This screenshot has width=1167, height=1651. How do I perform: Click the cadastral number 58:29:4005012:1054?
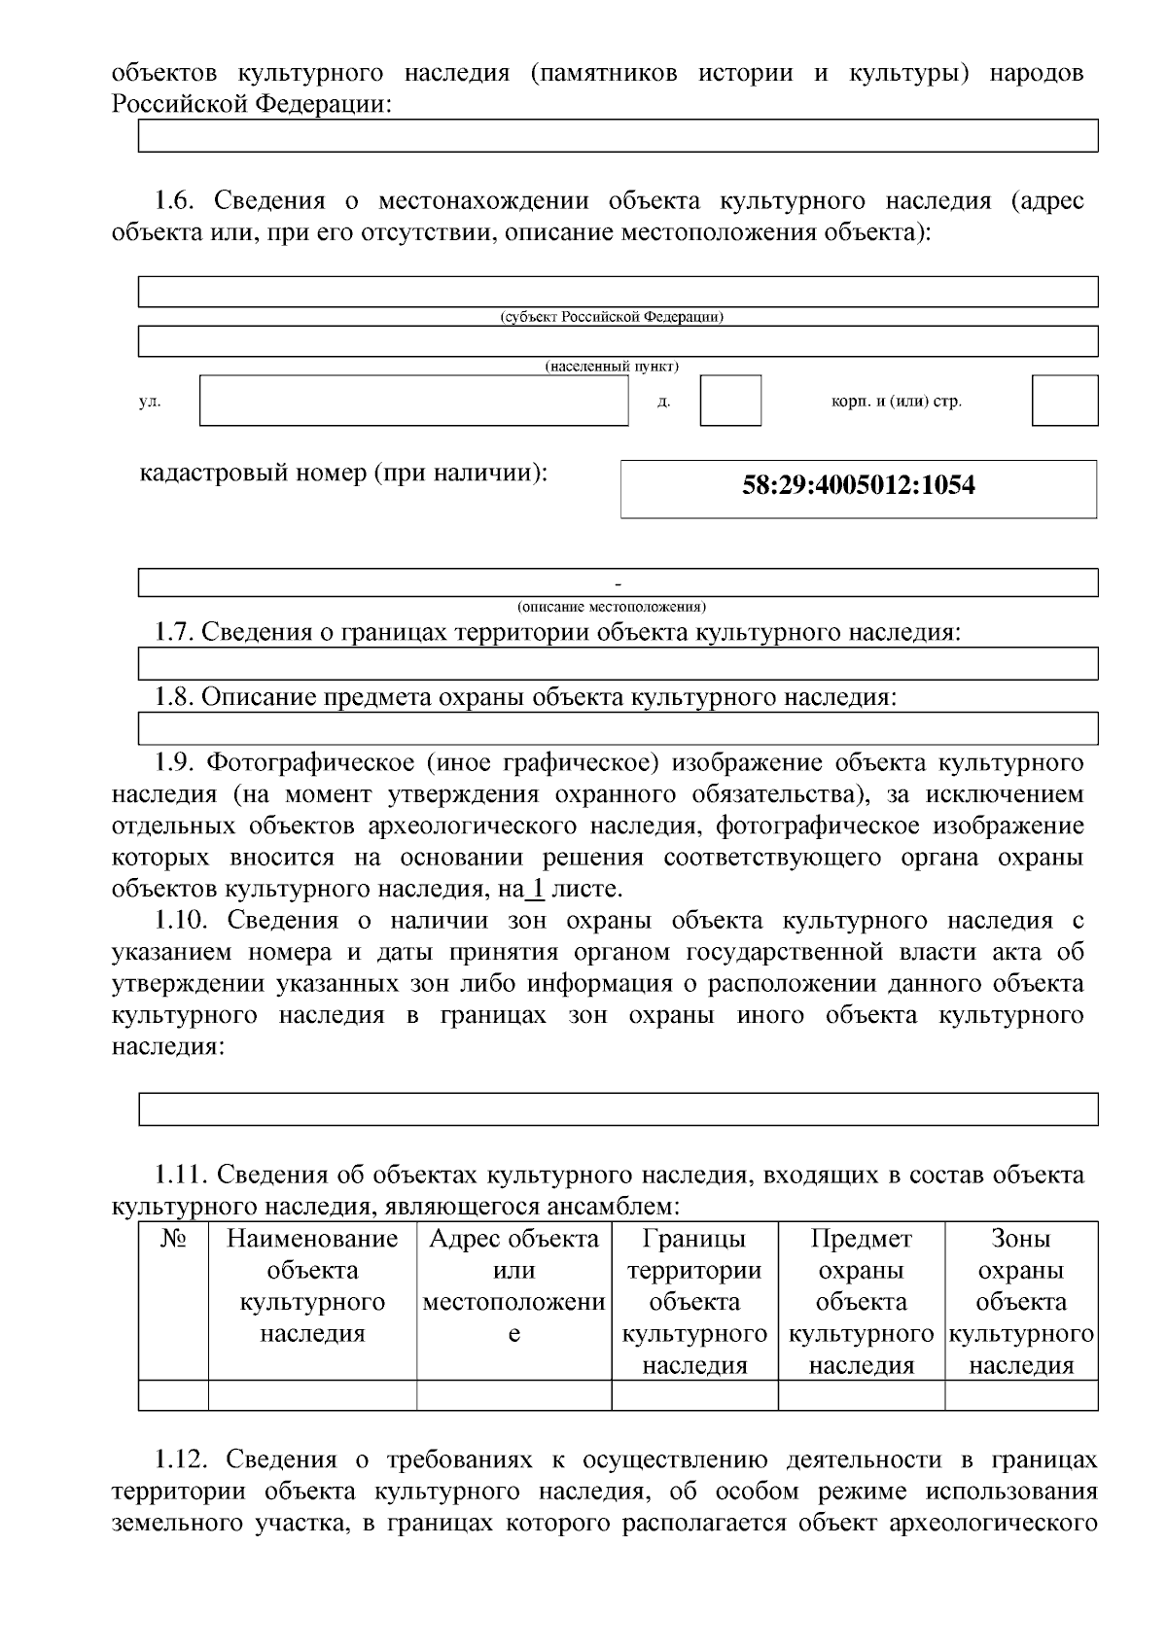[858, 485]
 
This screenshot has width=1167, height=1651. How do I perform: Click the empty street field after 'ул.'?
[413, 401]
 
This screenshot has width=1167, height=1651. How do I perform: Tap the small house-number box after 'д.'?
[730, 401]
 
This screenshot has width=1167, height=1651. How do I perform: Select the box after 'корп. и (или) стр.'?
[1064, 401]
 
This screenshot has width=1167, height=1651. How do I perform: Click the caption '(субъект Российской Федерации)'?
[612, 317]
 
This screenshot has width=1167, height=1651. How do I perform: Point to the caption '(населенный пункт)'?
[612, 367]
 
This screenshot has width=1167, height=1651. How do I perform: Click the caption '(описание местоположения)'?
[612, 606]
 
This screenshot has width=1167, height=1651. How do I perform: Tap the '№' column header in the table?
[173, 1239]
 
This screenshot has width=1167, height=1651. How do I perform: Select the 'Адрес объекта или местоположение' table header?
[513, 1285]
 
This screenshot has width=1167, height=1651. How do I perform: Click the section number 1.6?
[178, 201]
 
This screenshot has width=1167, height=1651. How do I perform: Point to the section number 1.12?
[185, 1459]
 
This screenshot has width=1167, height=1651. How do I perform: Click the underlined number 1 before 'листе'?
[534, 889]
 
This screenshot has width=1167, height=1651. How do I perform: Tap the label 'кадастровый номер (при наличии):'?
[343, 474]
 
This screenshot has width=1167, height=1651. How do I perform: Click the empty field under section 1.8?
[618, 727]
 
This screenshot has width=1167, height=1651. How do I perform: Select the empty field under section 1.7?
[618, 663]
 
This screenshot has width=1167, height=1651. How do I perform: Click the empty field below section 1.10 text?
[618, 1108]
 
